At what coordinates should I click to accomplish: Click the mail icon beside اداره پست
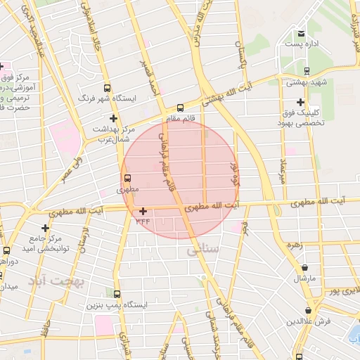301,33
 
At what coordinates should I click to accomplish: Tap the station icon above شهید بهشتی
307,70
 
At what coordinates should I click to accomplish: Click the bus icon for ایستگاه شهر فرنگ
107,88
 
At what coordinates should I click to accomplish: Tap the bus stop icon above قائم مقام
180,108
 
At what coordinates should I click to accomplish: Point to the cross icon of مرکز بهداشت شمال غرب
113,118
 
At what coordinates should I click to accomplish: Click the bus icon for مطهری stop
127,178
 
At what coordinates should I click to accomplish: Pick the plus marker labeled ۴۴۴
143,211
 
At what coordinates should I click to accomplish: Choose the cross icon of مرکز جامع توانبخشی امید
46,228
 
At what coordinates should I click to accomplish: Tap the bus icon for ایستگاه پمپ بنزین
116,295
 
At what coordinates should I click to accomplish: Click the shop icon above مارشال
305,267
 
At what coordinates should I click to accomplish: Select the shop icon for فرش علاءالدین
309,310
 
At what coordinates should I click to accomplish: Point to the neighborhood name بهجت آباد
56,282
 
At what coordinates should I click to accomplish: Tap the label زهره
294,245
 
